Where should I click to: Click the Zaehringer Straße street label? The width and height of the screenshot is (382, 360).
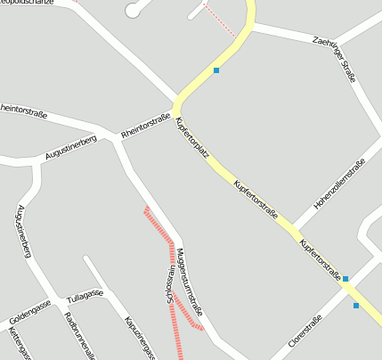(x=335, y=60)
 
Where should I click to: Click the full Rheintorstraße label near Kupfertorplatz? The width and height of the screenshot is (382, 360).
(x=145, y=124)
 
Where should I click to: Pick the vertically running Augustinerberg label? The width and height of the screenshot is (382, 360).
(x=23, y=231)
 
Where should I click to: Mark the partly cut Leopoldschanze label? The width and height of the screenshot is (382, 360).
(x=27, y=4)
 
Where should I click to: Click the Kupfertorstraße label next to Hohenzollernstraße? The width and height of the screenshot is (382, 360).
(x=256, y=200)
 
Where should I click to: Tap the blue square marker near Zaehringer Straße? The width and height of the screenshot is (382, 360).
(x=215, y=70)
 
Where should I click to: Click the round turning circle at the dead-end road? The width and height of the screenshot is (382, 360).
(x=134, y=10)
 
